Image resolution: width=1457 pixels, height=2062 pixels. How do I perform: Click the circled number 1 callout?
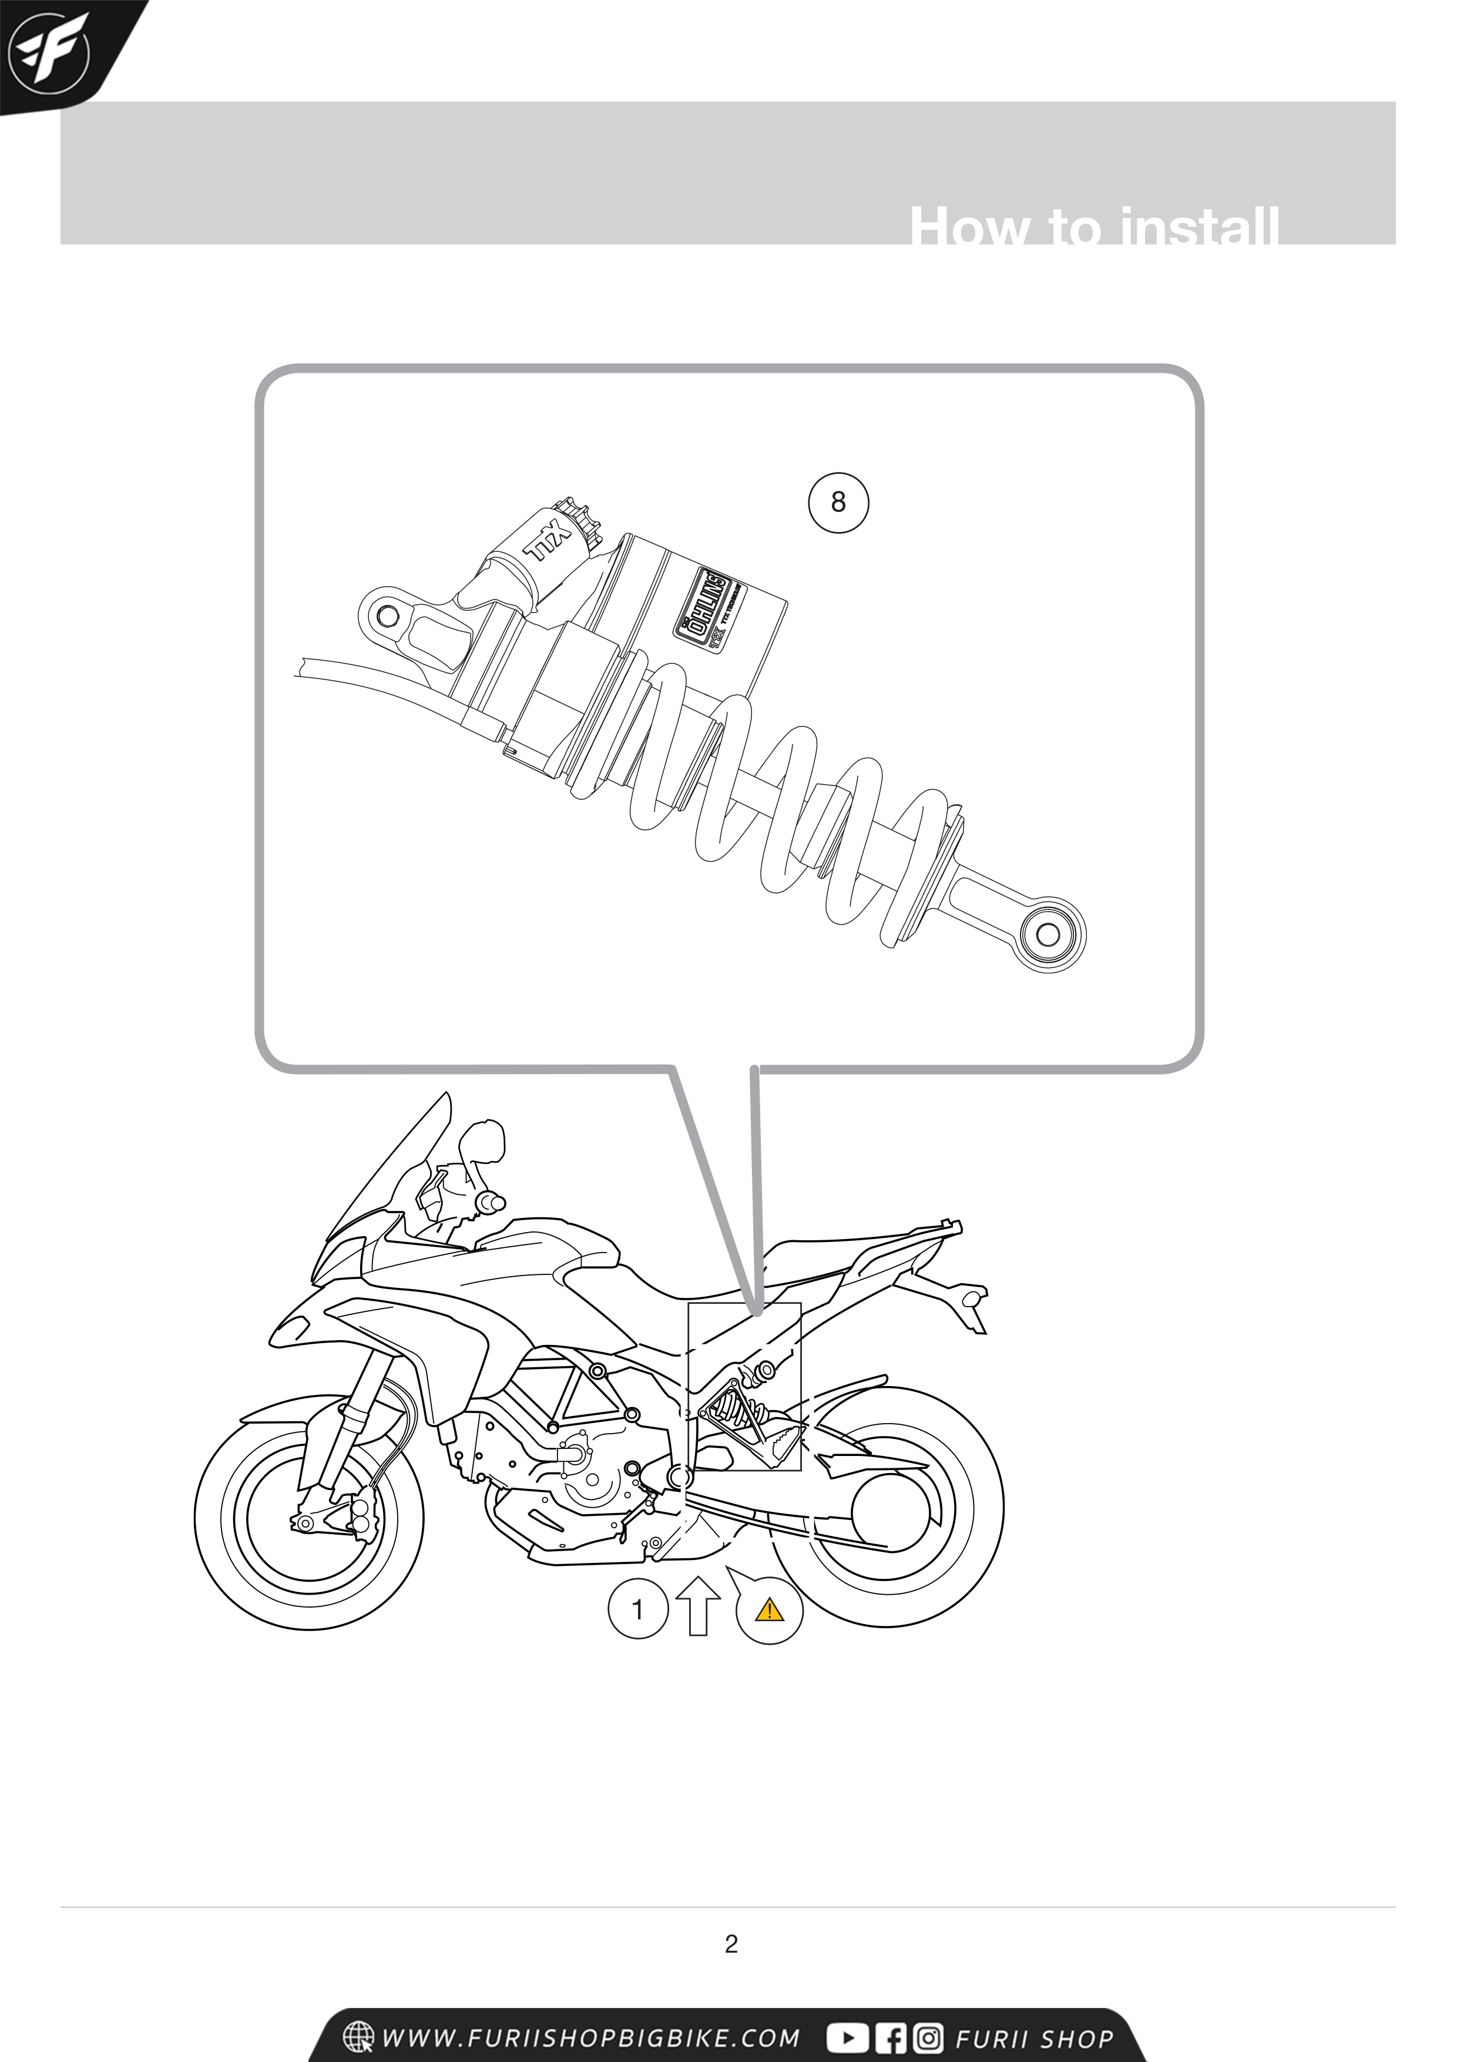(x=638, y=1609)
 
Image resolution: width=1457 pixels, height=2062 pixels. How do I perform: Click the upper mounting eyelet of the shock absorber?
(x=389, y=616)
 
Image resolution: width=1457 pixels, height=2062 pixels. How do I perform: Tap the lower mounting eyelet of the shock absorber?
(x=1048, y=935)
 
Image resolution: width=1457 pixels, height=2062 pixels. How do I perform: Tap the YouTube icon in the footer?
(x=847, y=2038)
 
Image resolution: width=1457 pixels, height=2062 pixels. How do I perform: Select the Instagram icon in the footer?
(x=928, y=2038)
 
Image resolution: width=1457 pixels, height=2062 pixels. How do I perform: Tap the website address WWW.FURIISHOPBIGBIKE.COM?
(x=590, y=2038)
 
